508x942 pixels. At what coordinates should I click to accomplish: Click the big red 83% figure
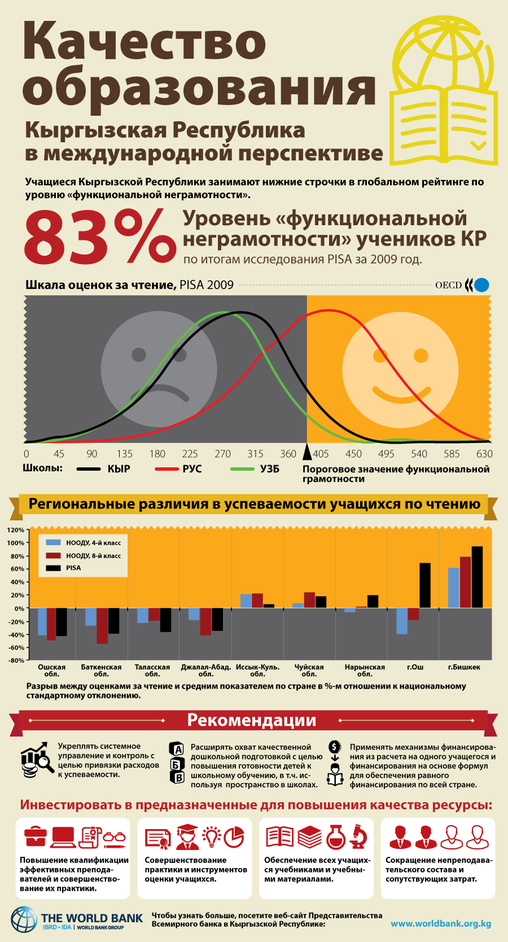click(100, 237)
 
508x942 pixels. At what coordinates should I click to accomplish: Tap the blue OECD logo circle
click(481, 285)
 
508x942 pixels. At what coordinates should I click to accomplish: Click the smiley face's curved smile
click(401, 394)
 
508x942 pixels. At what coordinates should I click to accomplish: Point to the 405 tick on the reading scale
click(321, 454)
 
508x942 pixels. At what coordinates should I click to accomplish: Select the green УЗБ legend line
click(243, 469)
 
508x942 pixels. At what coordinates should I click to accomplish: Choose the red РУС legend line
click(167, 469)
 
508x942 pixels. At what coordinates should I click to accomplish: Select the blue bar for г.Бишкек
click(453, 588)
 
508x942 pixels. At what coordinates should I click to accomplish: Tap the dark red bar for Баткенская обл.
click(102, 626)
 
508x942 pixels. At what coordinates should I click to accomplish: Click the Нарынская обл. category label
click(365, 670)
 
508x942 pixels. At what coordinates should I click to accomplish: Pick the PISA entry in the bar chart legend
click(73, 567)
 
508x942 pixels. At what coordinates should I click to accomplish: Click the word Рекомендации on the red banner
click(251, 720)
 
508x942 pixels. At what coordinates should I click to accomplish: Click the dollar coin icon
click(335, 746)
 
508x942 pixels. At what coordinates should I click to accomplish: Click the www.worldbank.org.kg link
click(441, 923)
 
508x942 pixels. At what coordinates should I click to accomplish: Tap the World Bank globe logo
click(24, 919)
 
